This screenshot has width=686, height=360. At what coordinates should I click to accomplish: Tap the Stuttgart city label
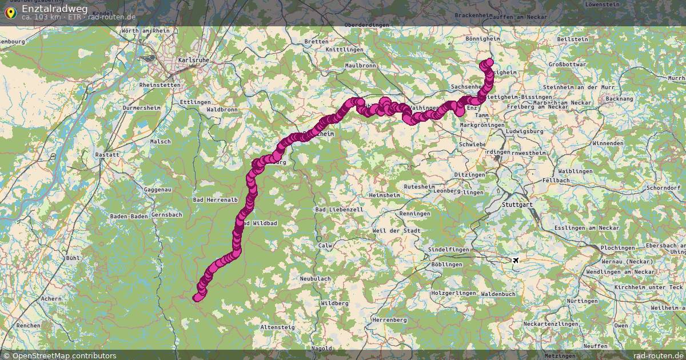coord(516,204)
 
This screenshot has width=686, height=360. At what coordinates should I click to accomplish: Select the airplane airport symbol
coord(516,261)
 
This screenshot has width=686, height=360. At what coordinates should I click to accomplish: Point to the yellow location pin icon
coord(10,12)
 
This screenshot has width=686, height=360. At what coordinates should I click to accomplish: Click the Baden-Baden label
coord(129,217)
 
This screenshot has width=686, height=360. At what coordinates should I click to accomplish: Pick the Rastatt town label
coord(107,154)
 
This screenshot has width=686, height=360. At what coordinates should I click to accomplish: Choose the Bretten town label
coord(316,41)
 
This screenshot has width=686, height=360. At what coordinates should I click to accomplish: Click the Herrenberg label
coord(389,320)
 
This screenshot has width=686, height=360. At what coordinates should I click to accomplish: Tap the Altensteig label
coord(278,327)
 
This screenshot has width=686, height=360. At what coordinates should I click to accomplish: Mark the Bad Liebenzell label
coord(339,210)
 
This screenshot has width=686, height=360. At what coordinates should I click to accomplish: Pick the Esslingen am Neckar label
coord(579,228)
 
